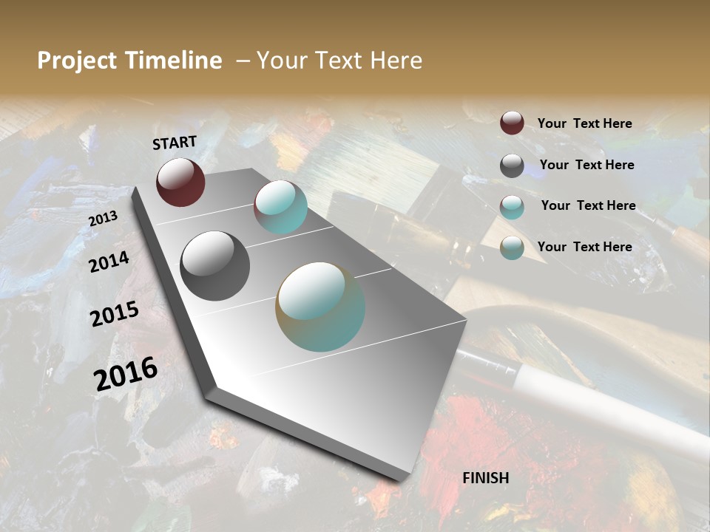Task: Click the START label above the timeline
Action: click(175, 143)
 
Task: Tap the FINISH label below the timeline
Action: click(486, 478)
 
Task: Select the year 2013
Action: click(103, 218)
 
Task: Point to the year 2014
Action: click(109, 262)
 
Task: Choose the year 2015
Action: click(115, 314)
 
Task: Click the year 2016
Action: click(126, 373)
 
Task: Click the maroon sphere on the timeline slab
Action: click(180, 182)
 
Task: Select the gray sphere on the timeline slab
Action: click(214, 266)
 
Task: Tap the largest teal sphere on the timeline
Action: click(320, 307)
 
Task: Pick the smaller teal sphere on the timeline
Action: click(280, 208)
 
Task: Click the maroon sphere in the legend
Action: click(512, 123)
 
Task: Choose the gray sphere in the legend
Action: click(512, 166)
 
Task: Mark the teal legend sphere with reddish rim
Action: click(512, 207)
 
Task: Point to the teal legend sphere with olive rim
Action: click(512, 248)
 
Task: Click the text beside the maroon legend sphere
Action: click(584, 123)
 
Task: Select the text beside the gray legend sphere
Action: click(586, 165)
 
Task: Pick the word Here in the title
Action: click(396, 61)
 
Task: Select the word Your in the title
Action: click(280, 61)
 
